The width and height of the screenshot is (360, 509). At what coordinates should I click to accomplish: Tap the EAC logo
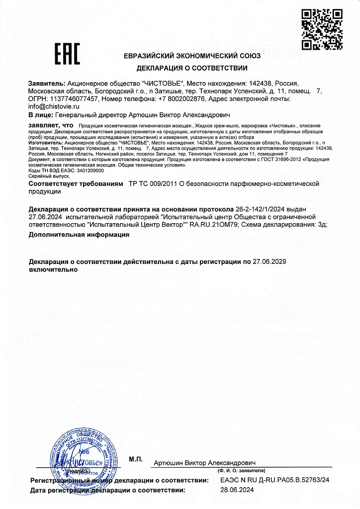pyautogui.click(x=67, y=55)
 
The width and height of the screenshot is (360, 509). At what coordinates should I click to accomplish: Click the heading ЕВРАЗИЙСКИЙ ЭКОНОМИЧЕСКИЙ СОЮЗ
pyautogui.click(x=192, y=56)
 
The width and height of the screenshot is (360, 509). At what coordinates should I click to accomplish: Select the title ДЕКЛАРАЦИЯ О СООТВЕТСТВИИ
pyautogui.click(x=192, y=68)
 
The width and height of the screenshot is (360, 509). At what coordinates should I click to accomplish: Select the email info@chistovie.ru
pyautogui.click(x=52, y=106)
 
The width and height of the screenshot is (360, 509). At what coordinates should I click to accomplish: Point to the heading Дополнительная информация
pyautogui.click(x=79, y=234)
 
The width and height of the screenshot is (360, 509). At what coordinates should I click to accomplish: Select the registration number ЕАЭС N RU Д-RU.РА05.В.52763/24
pyautogui.click(x=275, y=480)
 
